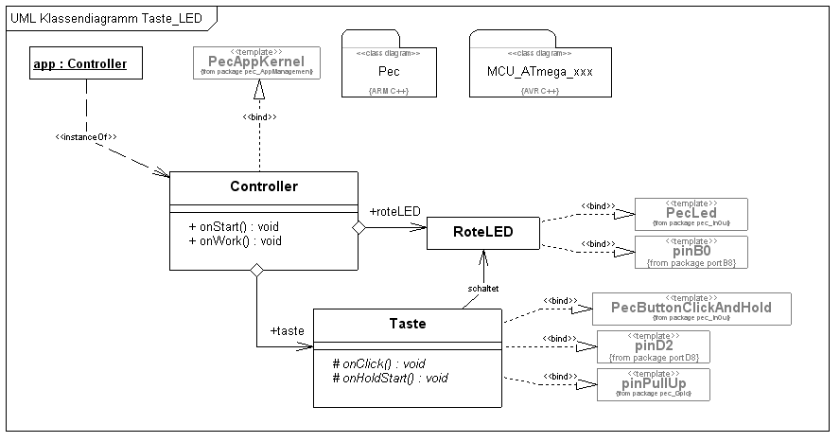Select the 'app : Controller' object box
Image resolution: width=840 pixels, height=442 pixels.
(79, 64)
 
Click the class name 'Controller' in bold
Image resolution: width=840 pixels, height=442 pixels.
(264, 186)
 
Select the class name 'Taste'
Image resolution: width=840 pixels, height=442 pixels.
(407, 323)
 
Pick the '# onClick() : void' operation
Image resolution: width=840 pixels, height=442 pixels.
(378, 363)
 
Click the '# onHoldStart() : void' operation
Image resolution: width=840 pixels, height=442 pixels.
(390, 378)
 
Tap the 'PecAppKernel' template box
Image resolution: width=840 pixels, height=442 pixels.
(256, 62)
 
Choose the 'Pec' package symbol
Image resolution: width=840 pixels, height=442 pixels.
(389, 69)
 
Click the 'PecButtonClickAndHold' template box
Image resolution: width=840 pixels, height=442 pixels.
(691, 309)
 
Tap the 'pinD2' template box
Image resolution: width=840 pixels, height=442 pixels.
(653, 347)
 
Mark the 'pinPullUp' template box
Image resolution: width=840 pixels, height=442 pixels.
(653, 384)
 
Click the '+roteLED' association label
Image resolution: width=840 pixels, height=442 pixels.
(394, 211)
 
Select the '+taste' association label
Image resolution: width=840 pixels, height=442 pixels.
(288, 331)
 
